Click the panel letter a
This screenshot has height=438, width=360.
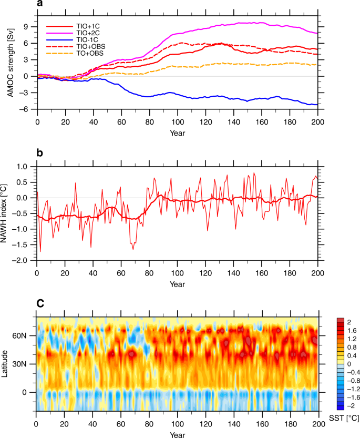click(x=40, y=5)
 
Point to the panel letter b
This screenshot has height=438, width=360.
click(x=40, y=153)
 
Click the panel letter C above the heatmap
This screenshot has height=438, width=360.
click(x=40, y=304)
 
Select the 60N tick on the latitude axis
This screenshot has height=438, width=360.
click(x=26, y=335)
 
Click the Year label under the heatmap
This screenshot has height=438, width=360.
click(x=177, y=434)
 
